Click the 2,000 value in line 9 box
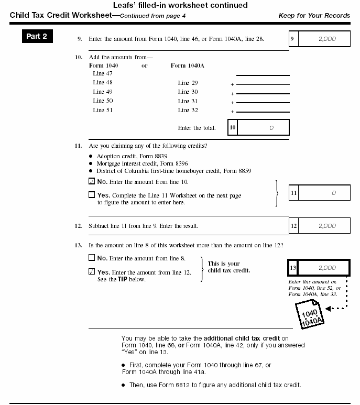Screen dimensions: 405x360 click(x=326, y=39)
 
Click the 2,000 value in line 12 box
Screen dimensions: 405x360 click(x=326, y=226)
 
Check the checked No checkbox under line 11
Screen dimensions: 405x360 click(x=92, y=182)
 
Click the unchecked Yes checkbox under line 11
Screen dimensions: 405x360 click(x=92, y=195)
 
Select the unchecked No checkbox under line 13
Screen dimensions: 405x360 click(x=92, y=258)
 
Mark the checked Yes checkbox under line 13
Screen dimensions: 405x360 click(x=92, y=272)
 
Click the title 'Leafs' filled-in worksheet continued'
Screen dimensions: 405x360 click(x=180, y=5)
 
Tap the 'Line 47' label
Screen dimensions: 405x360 click(x=103, y=74)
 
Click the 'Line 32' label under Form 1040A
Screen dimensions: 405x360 click(x=188, y=110)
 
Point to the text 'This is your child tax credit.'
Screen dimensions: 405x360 click(x=229, y=267)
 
